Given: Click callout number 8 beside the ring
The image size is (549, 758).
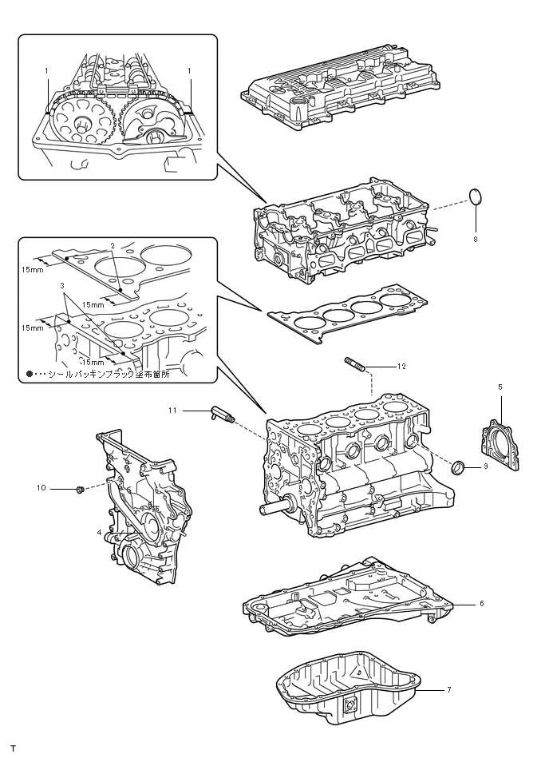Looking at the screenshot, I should pyautogui.click(x=476, y=237).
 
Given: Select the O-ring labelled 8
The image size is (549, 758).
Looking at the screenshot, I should pyautogui.click(x=476, y=196).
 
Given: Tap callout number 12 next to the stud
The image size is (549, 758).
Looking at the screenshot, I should pyautogui.click(x=402, y=366).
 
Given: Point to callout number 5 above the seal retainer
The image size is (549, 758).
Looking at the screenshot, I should pyautogui.click(x=500, y=387).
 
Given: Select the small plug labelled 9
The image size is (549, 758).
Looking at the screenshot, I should pyautogui.click(x=460, y=466).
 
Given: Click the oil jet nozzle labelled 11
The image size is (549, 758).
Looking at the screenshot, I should pyautogui.click(x=219, y=413).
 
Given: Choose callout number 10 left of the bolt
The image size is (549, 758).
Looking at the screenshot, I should pyautogui.click(x=41, y=486).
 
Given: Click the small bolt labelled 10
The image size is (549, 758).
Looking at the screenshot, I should pyautogui.click(x=79, y=487).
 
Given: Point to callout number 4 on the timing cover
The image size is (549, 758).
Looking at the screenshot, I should pyautogui.click(x=99, y=532).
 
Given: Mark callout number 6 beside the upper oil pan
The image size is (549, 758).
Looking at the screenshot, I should pyautogui.click(x=482, y=603).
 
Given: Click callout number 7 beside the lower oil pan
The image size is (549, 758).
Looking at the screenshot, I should pyautogui.click(x=449, y=689).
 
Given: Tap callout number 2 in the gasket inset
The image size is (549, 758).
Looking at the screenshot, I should pyautogui.click(x=113, y=245).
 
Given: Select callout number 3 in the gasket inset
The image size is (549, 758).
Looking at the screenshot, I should pyautogui.click(x=61, y=284).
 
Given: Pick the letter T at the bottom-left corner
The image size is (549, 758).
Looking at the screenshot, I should pyautogui.click(x=13, y=748).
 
